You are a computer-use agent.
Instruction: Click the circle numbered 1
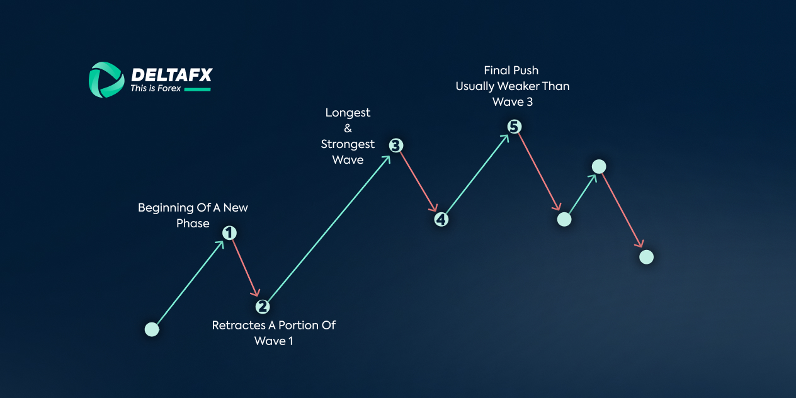(x=230, y=233)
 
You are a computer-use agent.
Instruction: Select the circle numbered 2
(x=263, y=307)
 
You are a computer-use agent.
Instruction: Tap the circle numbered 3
(x=395, y=145)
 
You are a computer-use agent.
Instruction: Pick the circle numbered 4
(x=441, y=219)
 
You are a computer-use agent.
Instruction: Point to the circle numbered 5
(x=515, y=127)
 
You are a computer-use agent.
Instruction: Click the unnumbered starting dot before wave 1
(x=152, y=329)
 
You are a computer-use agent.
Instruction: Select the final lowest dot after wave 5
(x=646, y=257)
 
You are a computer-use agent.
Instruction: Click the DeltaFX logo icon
(x=106, y=80)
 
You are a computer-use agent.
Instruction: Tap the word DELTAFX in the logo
(x=171, y=75)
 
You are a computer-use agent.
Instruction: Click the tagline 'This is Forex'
(x=156, y=89)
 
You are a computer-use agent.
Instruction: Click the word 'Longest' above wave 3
(x=348, y=113)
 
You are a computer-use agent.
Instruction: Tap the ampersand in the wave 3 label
(x=348, y=128)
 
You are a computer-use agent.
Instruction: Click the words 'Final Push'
(x=511, y=71)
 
